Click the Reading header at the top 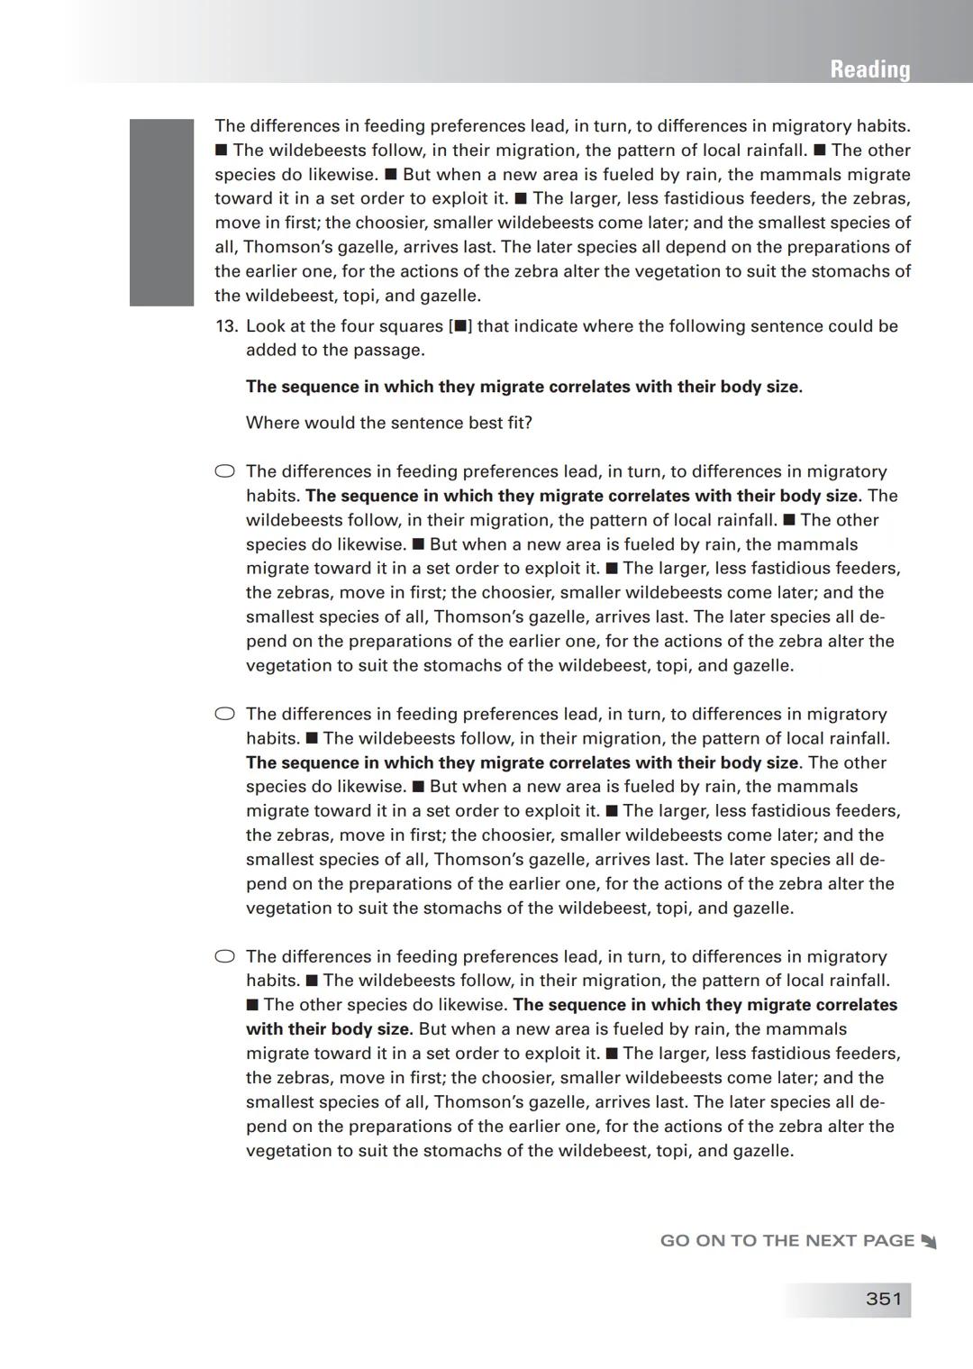click(869, 69)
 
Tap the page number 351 click(883, 1299)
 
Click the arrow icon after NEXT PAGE click(929, 1242)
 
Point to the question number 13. click(225, 326)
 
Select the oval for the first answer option click(224, 470)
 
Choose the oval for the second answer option click(224, 714)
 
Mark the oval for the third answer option click(224, 956)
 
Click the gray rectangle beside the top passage click(161, 212)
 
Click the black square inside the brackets click(460, 326)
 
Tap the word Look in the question click(266, 326)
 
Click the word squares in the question click(410, 326)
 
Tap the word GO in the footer click(675, 1241)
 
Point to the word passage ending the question click(389, 350)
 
